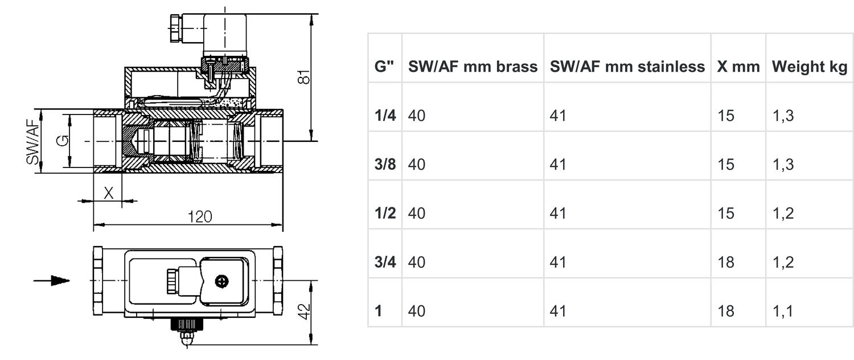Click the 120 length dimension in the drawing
pyautogui.click(x=200, y=216)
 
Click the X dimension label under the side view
pyautogui.click(x=108, y=193)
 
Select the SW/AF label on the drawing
pyautogui.click(x=34, y=141)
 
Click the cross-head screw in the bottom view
pyautogui.click(x=221, y=281)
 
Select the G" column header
pyautogui.click(x=384, y=67)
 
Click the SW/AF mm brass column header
pyautogui.click(x=473, y=67)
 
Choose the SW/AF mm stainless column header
pyautogui.click(x=627, y=67)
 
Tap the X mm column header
pyautogui.click(x=738, y=67)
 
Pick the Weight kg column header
pyautogui.click(x=809, y=67)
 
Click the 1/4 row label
pyautogui.click(x=385, y=116)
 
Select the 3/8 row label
pyautogui.click(x=385, y=165)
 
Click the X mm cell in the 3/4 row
pyautogui.click(x=726, y=262)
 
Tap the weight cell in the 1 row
pyautogui.click(x=782, y=311)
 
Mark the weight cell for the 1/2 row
pyautogui.click(x=782, y=214)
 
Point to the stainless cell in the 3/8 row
pyautogui.click(x=558, y=165)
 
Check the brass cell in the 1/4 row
pyautogui.click(x=417, y=116)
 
